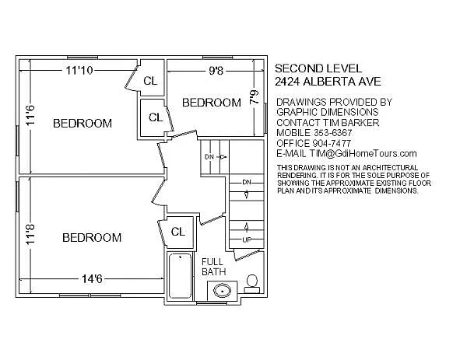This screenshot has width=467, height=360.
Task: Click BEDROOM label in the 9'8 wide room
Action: tap(211, 103)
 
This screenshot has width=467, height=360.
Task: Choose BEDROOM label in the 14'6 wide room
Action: tap(92, 237)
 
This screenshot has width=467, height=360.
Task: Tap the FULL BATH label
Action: tap(212, 267)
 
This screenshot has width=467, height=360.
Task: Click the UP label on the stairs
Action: tap(247, 239)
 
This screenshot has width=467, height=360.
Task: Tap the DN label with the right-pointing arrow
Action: tap(209, 157)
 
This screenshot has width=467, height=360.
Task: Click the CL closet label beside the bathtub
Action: tap(177, 231)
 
